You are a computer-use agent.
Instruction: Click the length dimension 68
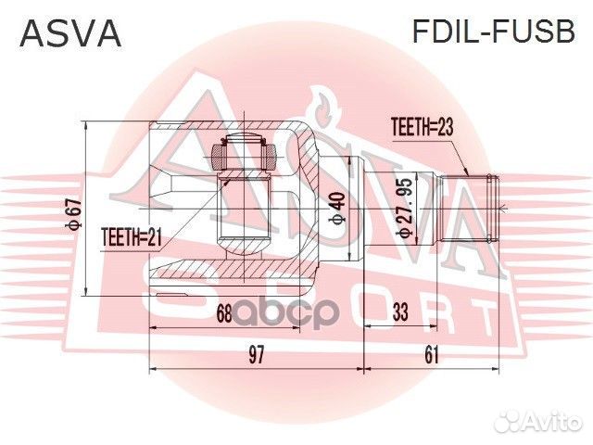[223, 313]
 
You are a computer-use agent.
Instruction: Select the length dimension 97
[256, 354]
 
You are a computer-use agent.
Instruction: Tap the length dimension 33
[399, 313]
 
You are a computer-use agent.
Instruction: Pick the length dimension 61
[432, 354]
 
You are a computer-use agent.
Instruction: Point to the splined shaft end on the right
[481, 209]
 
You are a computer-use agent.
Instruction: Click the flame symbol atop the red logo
[323, 103]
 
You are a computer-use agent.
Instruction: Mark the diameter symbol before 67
[71, 228]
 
